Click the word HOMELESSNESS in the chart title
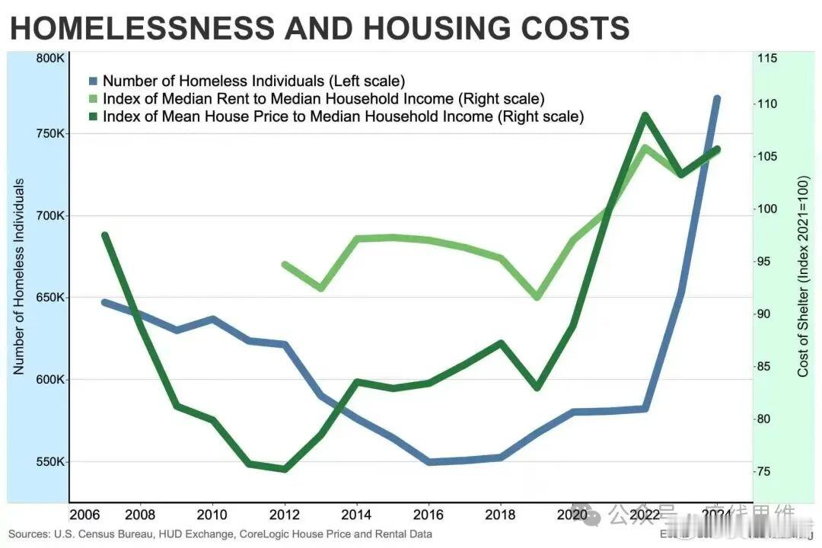(x=140, y=29)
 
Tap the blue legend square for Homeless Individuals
(x=93, y=81)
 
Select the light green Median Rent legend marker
(x=93, y=99)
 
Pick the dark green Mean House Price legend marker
(x=93, y=117)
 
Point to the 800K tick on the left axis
(x=52, y=58)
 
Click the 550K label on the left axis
(x=52, y=462)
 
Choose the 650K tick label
(x=52, y=298)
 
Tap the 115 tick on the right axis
(x=766, y=58)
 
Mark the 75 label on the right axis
(x=763, y=472)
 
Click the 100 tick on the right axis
(x=766, y=209)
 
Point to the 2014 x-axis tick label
(x=356, y=515)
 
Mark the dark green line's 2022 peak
(x=645, y=116)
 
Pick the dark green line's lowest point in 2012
(x=285, y=469)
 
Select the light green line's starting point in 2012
(x=285, y=265)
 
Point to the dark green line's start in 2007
(x=104, y=235)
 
